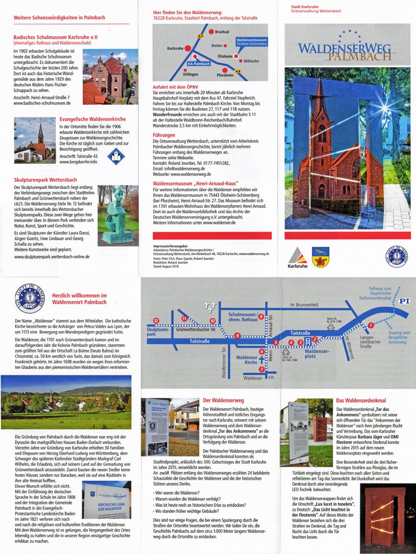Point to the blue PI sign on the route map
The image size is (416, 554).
click(404, 301)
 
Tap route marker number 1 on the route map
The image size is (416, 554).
click(369, 325)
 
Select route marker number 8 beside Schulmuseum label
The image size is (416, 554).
click(261, 316)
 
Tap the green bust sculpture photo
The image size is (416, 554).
click(118, 215)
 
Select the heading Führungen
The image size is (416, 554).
click(164, 135)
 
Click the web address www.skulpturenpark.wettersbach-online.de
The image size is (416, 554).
click(52, 256)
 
